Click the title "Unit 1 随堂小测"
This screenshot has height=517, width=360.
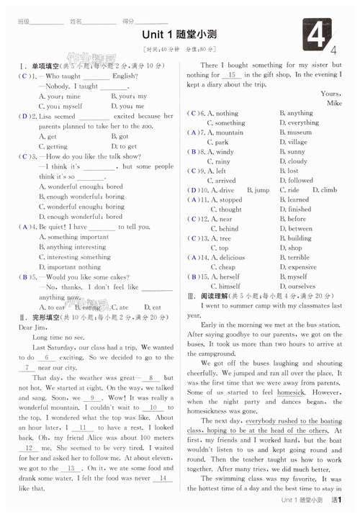click(179, 34)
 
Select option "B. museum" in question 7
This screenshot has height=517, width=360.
click(295, 132)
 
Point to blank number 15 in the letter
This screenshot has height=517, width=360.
click(232, 75)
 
